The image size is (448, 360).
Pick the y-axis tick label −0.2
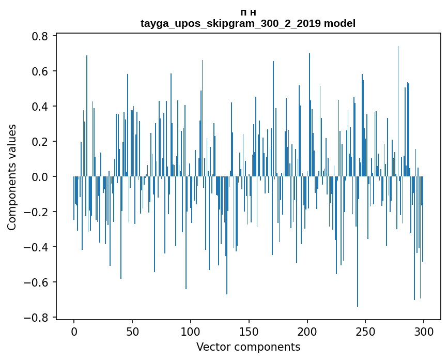point(36,212)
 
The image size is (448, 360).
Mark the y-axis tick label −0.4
point(36,247)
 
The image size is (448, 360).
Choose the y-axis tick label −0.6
point(36,282)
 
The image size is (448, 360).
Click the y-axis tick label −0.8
point(36,318)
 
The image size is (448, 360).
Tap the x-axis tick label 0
point(74,331)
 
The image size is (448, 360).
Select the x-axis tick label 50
point(132,331)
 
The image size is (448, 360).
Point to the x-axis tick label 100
point(191,331)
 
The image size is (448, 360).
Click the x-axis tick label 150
point(249,331)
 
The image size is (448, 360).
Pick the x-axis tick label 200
point(307,331)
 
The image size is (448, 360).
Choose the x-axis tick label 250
point(365,331)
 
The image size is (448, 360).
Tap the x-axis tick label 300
point(424,331)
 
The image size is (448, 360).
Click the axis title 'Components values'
point(12,177)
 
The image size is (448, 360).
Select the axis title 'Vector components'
point(248,347)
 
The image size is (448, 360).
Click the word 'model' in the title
point(339,23)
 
